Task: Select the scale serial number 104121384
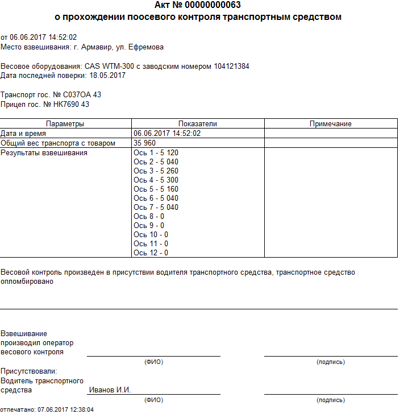(231, 67)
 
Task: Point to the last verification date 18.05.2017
(107, 76)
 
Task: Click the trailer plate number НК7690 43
(71, 104)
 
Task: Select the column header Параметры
(65, 123)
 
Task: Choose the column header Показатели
(198, 123)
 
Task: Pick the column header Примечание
(331, 123)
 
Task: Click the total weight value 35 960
(144, 143)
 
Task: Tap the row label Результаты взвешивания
(44, 153)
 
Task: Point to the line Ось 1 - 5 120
(156, 153)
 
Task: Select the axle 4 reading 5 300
(169, 180)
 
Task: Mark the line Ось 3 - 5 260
(156, 171)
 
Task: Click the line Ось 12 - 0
(151, 253)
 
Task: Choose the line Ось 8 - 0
(149, 217)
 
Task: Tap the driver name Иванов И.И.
(110, 390)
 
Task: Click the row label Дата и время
(24, 134)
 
